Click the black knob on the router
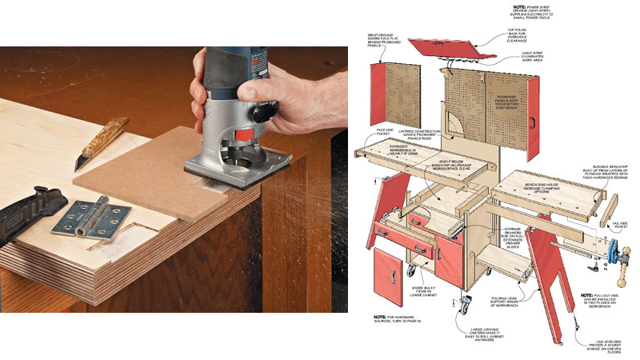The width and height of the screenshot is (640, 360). [258, 114]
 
